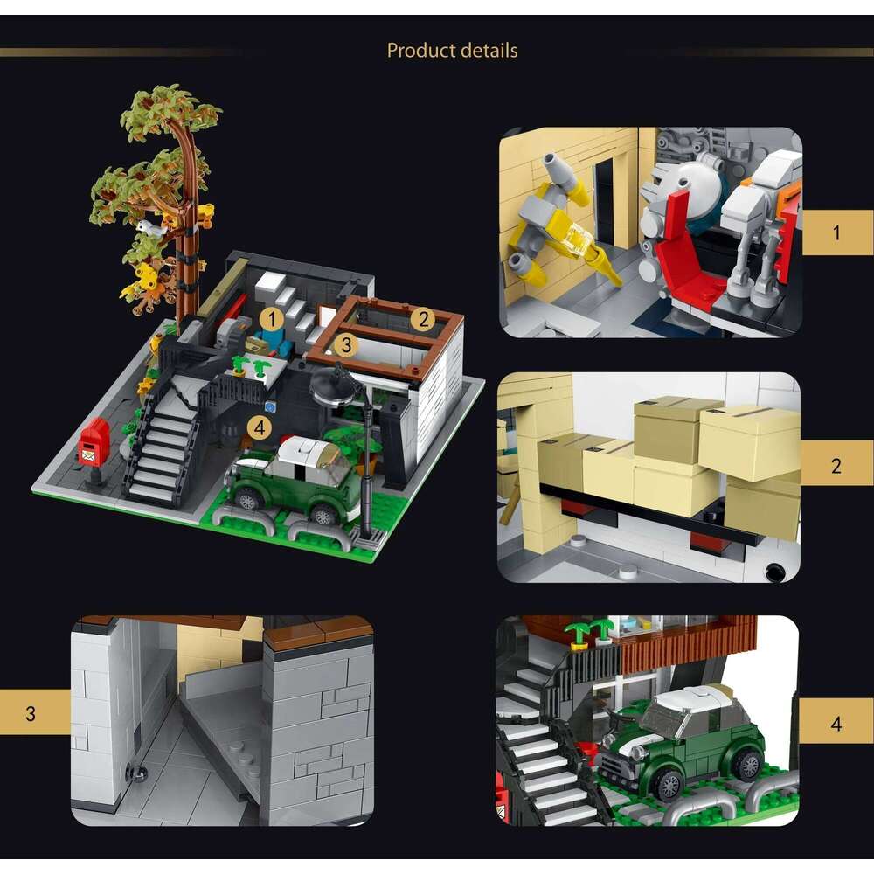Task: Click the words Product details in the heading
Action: (452, 51)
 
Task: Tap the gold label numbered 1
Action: (837, 232)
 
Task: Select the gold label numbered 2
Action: (837, 465)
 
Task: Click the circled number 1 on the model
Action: (271, 319)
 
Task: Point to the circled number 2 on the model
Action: (423, 319)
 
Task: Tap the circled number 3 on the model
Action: (346, 345)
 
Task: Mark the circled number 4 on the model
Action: (258, 427)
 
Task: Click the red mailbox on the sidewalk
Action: (94, 440)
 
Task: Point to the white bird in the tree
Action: (149, 227)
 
